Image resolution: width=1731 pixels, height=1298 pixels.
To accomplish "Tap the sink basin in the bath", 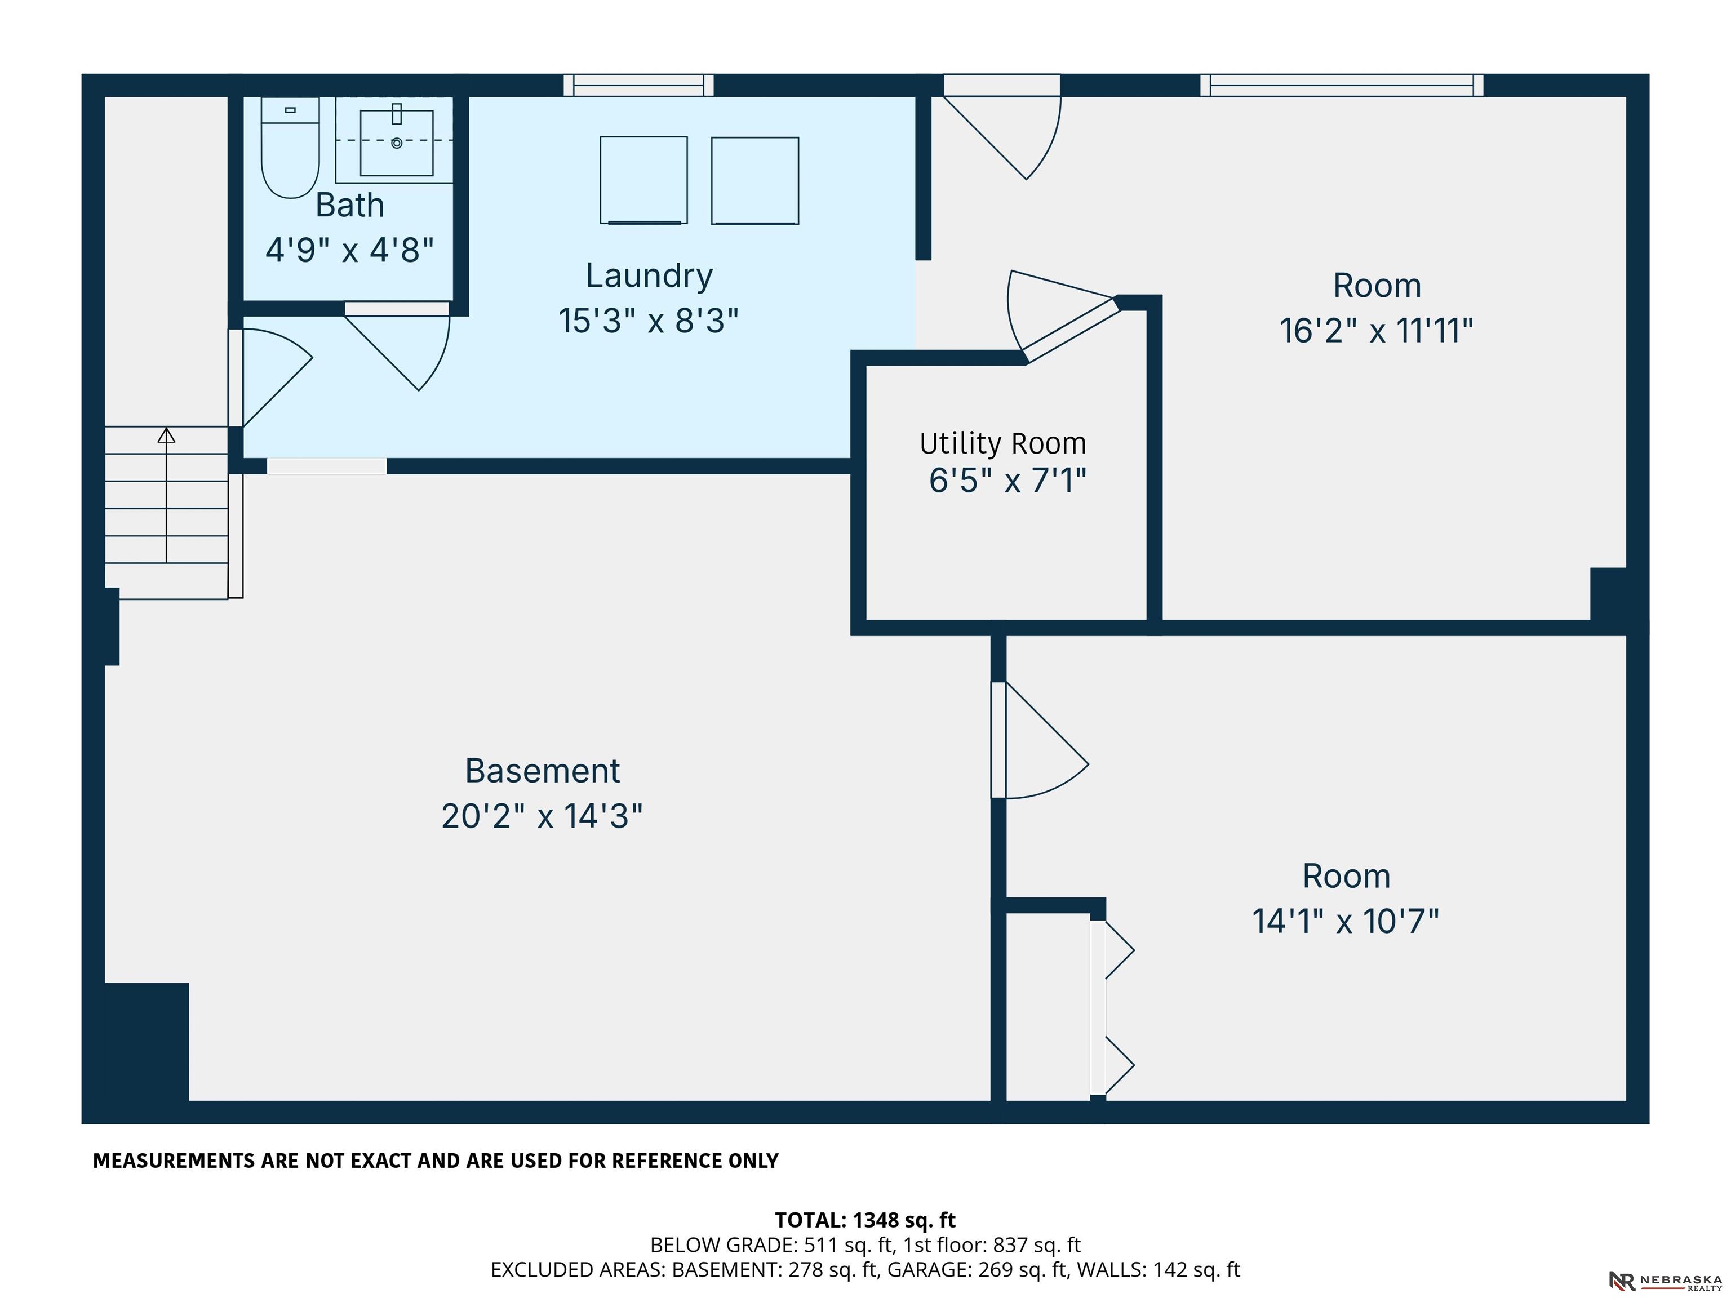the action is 397,143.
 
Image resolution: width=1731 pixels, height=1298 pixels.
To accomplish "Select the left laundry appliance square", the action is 644,180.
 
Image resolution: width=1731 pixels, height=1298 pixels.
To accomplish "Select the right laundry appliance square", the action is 755,181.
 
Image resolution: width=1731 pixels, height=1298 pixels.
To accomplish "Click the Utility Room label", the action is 1003,443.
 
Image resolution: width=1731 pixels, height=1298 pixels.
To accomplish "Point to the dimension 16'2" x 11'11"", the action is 1377,330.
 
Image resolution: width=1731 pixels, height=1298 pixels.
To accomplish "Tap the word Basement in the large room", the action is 542,771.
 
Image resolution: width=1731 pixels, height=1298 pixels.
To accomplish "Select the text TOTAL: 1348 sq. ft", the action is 865,1220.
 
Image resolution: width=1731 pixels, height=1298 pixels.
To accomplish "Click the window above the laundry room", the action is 638,85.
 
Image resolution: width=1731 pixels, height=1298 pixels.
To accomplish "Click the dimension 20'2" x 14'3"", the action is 542,816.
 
